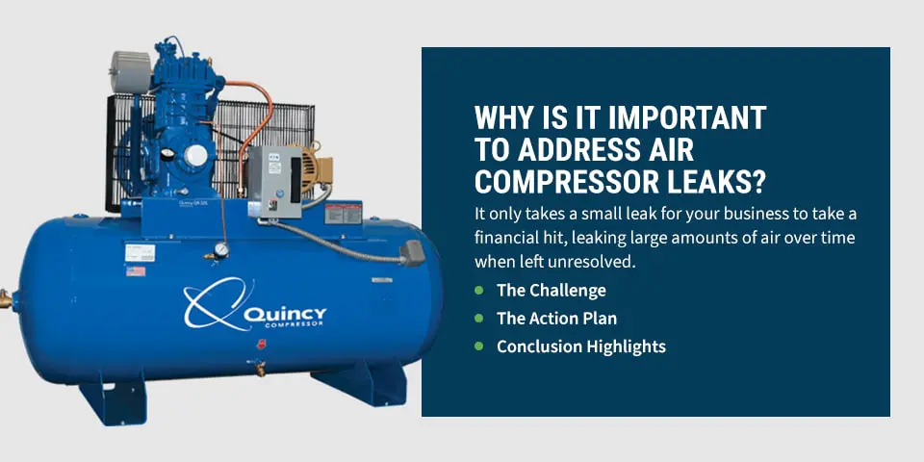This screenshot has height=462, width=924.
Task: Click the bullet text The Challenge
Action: pyautogui.click(x=551, y=290)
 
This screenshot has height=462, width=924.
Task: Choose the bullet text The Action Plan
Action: pyautogui.click(x=556, y=318)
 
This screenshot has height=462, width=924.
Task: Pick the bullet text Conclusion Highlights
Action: pyautogui.click(x=580, y=346)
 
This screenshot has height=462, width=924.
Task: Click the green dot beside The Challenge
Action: pyautogui.click(x=479, y=290)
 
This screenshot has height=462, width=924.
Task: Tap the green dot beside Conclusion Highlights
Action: pyautogui.click(x=479, y=346)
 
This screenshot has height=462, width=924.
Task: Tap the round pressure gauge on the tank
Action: pyautogui.click(x=222, y=249)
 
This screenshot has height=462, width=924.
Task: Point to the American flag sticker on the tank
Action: pyautogui.click(x=136, y=271)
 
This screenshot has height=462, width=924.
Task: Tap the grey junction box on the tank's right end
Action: pyautogui.click(x=412, y=251)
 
